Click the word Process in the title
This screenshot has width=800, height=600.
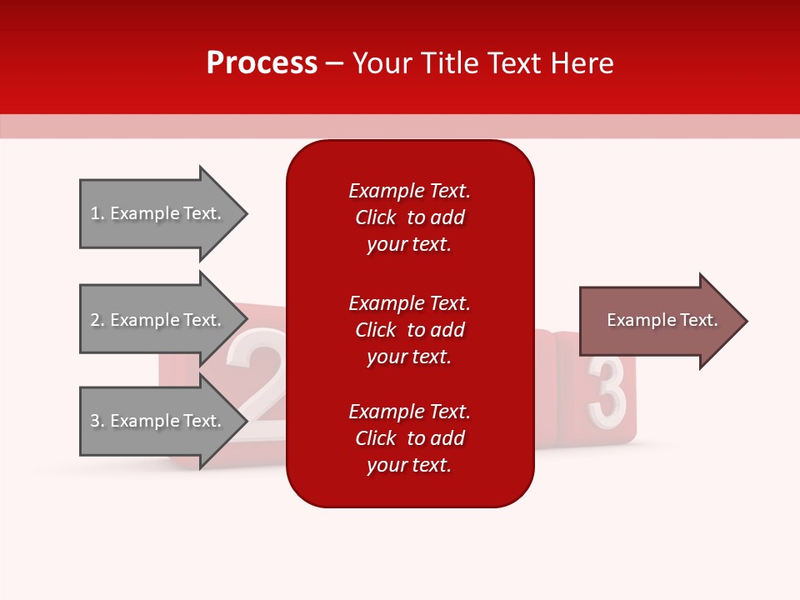262,63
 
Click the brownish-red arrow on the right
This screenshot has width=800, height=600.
658,321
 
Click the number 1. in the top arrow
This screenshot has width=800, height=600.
97,213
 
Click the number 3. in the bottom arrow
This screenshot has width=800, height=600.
97,421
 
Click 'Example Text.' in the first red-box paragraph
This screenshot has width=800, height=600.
409,191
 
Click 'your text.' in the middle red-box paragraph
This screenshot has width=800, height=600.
409,357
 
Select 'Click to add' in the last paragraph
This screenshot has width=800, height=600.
409,438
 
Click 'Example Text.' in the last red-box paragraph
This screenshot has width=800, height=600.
409,412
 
